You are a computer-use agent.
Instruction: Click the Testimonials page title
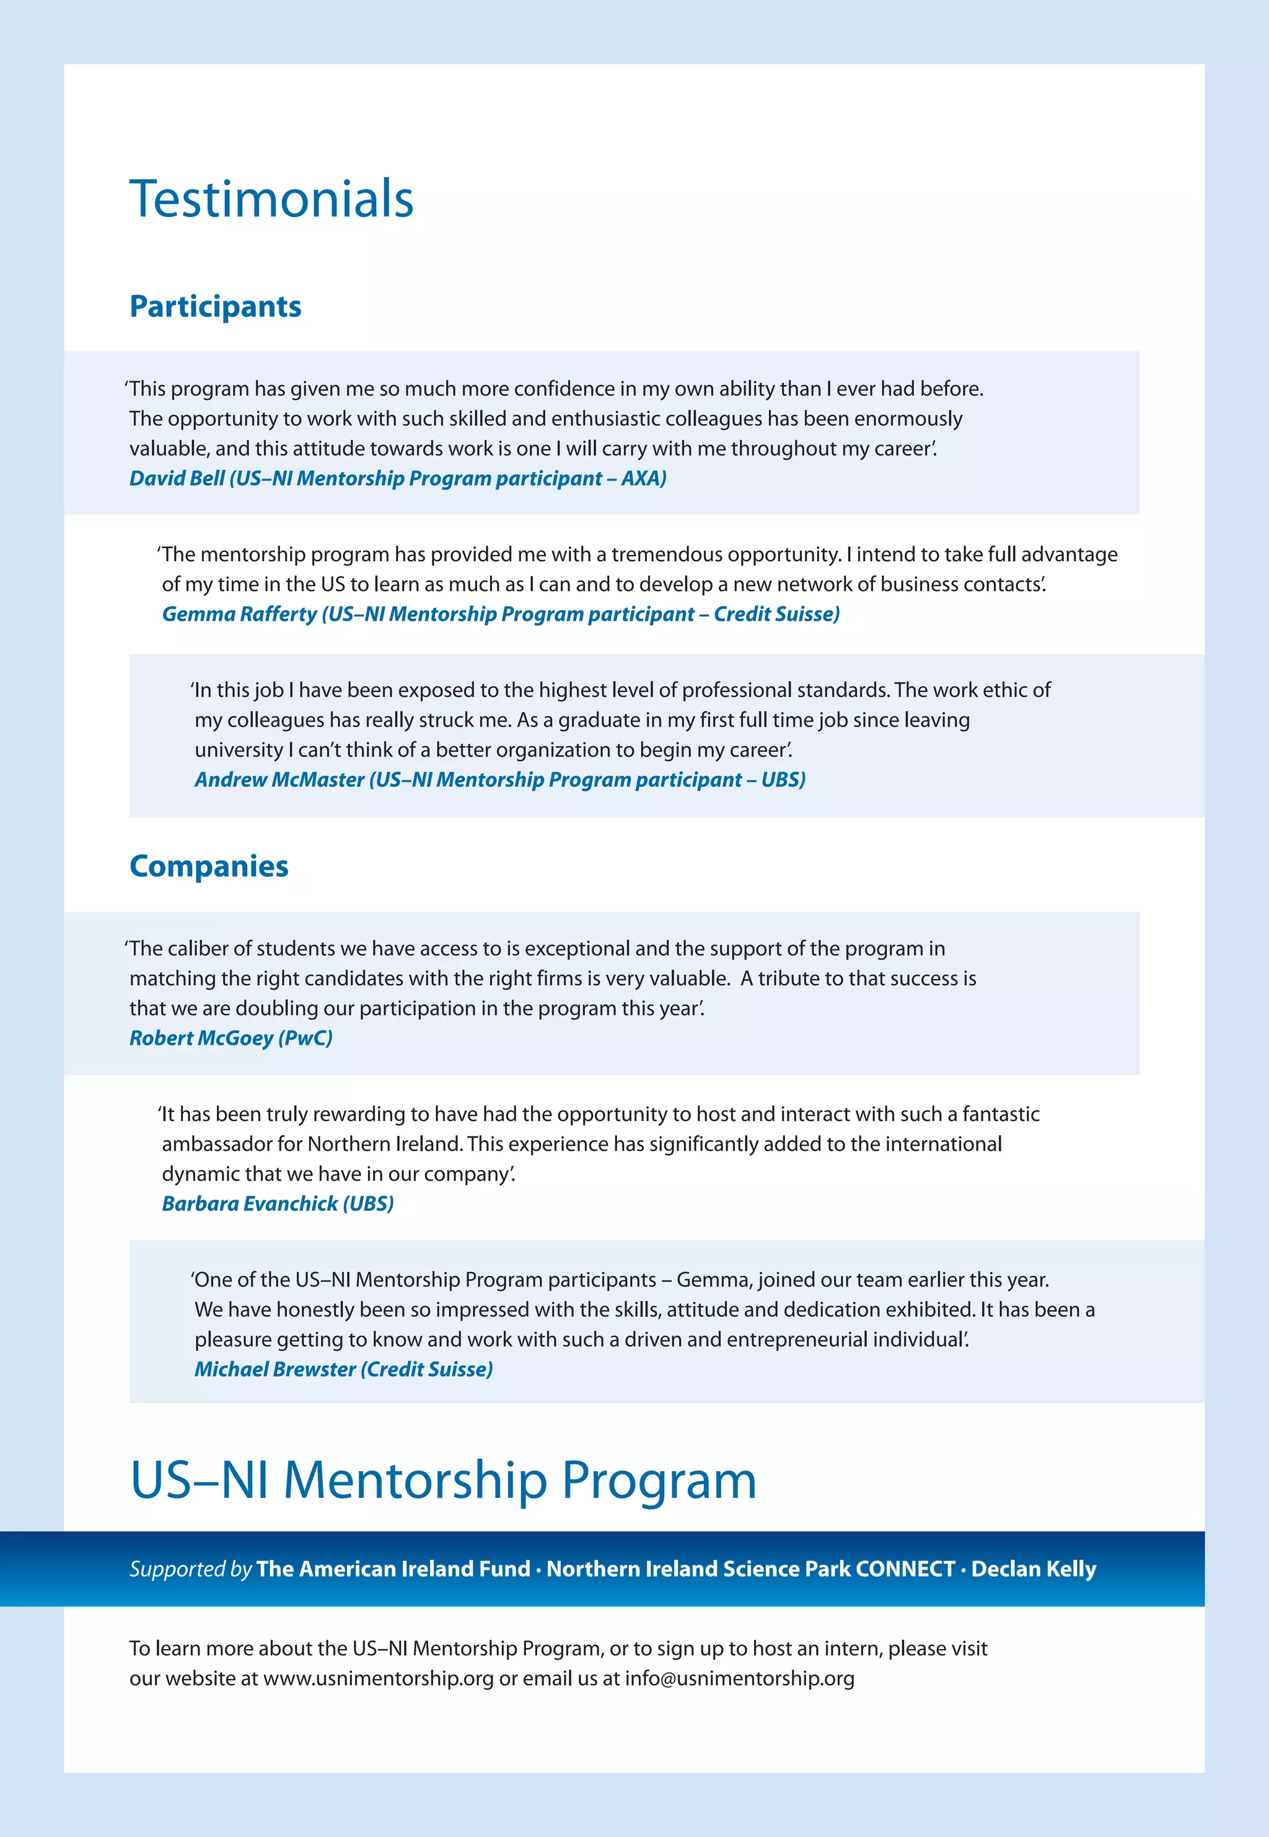(x=271, y=199)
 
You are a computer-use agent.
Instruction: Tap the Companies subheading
(x=208, y=865)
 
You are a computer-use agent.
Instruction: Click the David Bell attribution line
(x=398, y=478)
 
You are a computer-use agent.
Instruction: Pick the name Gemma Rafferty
(x=239, y=614)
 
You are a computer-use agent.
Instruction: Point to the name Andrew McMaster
(x=279, y=780)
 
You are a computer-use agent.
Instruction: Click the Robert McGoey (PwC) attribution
(x=231, y=1038)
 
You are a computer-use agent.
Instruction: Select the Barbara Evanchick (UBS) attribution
(x=278, y=1204)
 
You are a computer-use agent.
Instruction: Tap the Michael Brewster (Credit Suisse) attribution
(x=343, y=1369)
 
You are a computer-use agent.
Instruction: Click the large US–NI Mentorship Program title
(x=443, y=1481)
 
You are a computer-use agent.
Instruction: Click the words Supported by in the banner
(x=190, y=1569)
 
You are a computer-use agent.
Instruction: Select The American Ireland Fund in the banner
(x=393, y=1569)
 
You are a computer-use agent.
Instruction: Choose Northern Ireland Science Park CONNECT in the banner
(x=750, y=1569)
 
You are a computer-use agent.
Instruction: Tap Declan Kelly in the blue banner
(x=1033, y=1569)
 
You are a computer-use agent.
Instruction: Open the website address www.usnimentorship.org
(x=379, y=1679)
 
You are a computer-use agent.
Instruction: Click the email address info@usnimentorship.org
(x=739, y=1679)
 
